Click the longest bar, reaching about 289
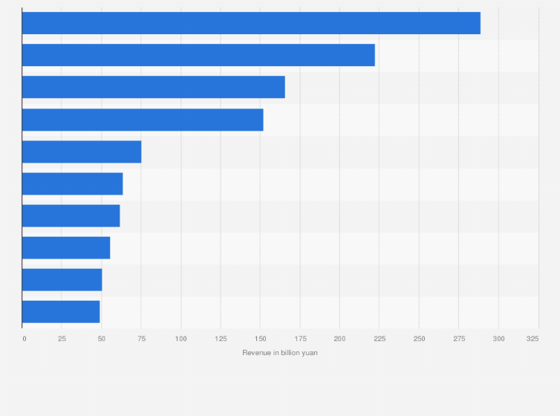coord(251,23)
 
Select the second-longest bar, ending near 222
coord(198,55)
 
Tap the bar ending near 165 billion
coord(154,87)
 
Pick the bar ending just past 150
coord(143,120)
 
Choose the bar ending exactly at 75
coord(82,152)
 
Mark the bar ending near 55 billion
coord(66,247)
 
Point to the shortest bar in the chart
coord(61,312)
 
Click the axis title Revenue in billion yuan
coord(280,352)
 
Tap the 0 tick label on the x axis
coord(24,339)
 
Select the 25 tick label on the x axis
coord(62,339)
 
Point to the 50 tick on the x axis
coord(102,339)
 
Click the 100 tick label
coord(180,339)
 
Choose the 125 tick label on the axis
coord(220,339)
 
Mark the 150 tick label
coord(260,339)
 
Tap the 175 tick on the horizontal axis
coord(299,339)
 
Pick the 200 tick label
coord(339,339)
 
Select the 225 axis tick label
coord(379,339)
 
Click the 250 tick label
coord(419,339)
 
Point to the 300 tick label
coord(498,339)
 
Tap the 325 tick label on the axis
coord(533,339)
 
